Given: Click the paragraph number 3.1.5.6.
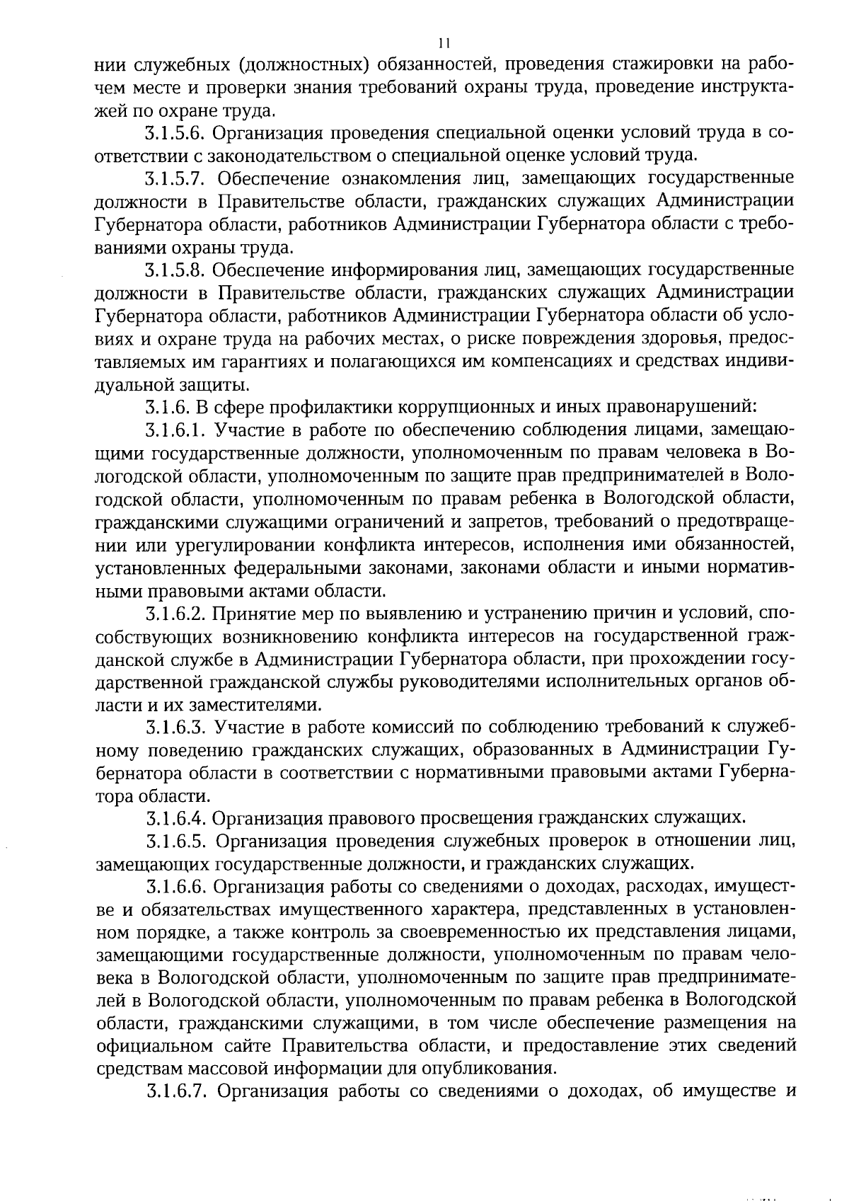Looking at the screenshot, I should click(x=175, y=132).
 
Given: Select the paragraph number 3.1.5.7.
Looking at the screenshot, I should click(x=175, y=178).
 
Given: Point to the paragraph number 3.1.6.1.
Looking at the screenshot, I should click(x=175, y=430).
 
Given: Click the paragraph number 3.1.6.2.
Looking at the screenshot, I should click(x=175, y=613).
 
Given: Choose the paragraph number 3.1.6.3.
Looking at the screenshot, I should click(x=175, y=728).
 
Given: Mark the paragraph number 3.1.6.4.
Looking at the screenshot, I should click(x=175, y=819).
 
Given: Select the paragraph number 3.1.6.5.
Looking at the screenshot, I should click(x=175, y=841).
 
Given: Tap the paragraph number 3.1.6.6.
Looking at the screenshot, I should click(x=175, y=887).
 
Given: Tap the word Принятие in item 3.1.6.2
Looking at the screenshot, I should click(x=243, y=613).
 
